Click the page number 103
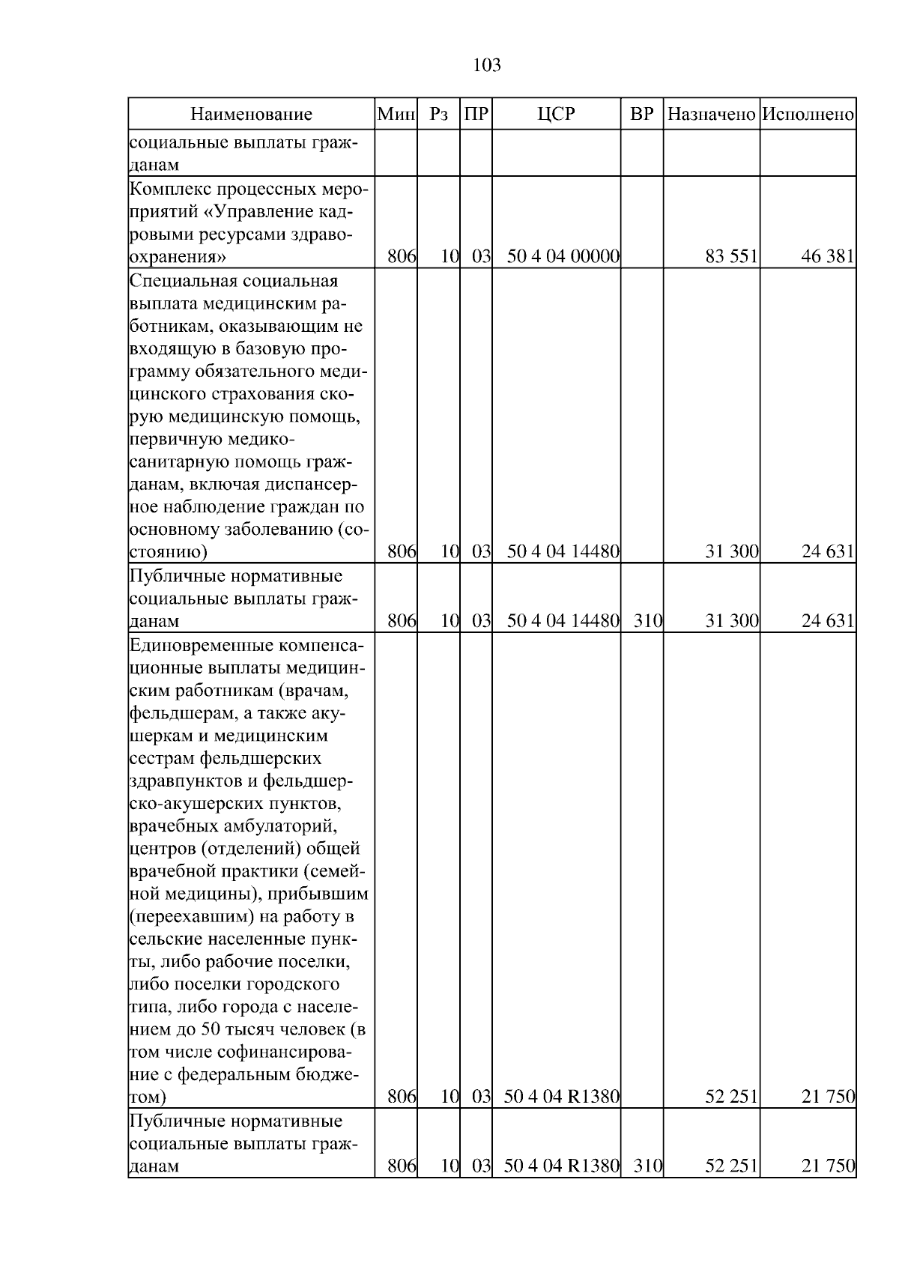pos(487,66)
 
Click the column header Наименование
pos(251,115)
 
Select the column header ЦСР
pos(556,115)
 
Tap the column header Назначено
pos(711,115)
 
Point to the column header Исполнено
pos(808,115)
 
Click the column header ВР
pos(641,115)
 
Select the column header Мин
pos(396,115)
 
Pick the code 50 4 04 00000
pos(563,257)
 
